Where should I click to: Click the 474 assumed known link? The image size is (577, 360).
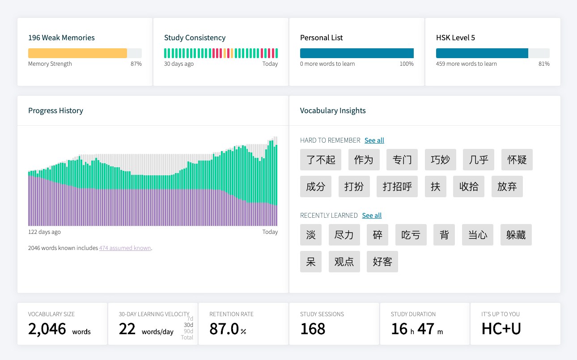tap(125, 248)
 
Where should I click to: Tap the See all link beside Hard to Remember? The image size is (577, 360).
tap(374, 140)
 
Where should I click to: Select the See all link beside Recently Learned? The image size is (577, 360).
tap(372, 216)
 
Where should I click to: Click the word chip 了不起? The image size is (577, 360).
tap(321, 160)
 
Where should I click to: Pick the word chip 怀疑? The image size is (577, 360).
tap(517, 160)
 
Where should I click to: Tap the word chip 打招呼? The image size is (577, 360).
tap(397, 186)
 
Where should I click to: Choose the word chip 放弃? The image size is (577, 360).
tap(507, 186)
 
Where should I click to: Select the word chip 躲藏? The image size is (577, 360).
tap(516, 235)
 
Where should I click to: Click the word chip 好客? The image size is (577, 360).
tap(382, 262)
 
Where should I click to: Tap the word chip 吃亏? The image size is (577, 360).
tap(411, 235)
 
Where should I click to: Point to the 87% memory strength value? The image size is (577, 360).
tap(136, 64)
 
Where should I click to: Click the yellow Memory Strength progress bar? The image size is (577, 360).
tap(78, 53)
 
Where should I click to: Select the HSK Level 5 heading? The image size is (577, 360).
tap(455, 38)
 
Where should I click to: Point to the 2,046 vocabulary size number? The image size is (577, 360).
tap(47, 329)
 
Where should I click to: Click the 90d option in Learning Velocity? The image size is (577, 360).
tap(188, 331)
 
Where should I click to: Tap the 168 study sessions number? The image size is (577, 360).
tap(313, 329)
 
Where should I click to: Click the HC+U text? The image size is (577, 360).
tap(501, 329)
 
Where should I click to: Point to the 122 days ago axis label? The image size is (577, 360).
tap(44, 232)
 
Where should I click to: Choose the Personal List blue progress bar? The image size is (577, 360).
tap(356, 53)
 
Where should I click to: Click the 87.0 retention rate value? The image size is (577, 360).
tap(224, 329)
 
